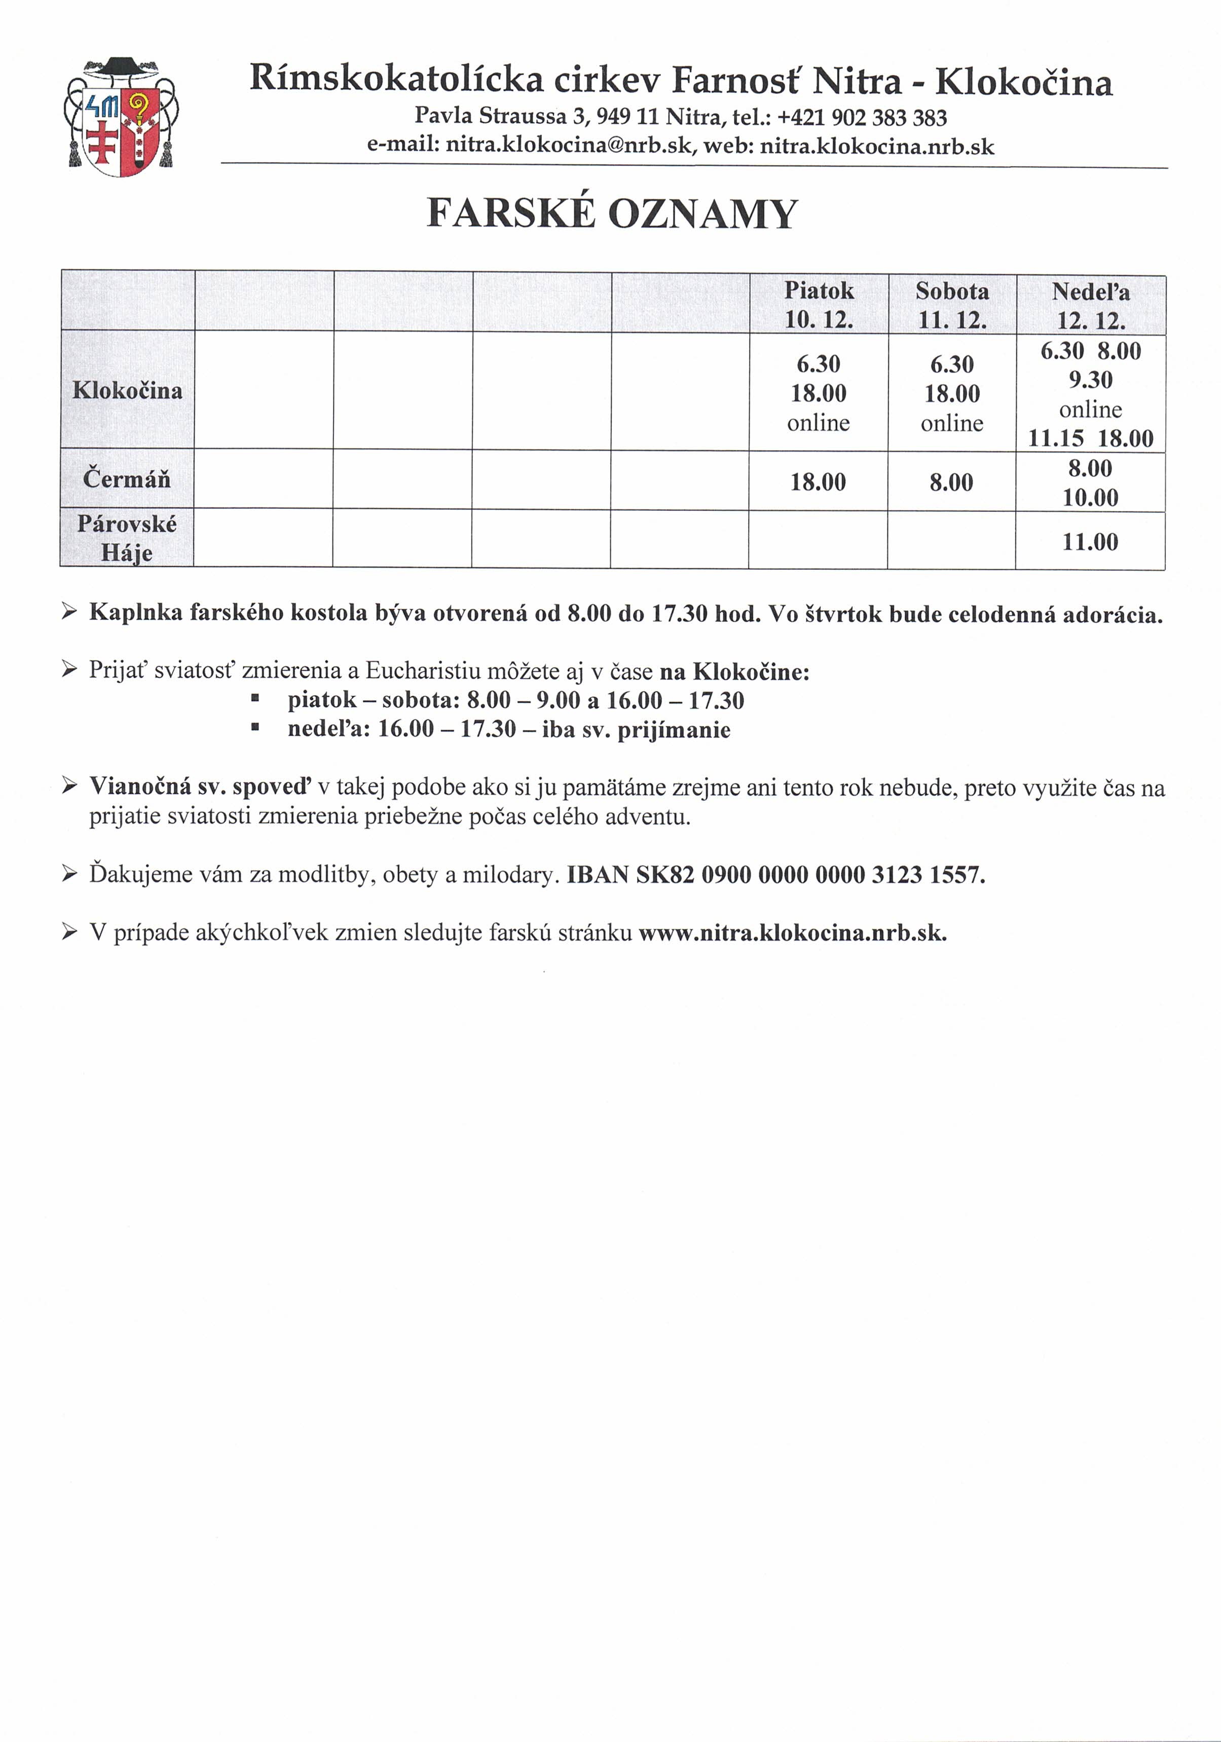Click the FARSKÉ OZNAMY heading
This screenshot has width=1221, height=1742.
612,213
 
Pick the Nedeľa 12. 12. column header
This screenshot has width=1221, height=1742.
1090,306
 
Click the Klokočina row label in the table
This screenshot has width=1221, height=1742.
128,390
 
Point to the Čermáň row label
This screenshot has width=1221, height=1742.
127,479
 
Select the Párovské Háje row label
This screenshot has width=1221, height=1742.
127,538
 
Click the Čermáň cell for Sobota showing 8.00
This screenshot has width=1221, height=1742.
951,482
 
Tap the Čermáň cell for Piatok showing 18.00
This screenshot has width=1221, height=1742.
818,482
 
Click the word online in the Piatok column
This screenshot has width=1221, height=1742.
818,423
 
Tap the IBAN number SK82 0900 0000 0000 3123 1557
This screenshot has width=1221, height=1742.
810,875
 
